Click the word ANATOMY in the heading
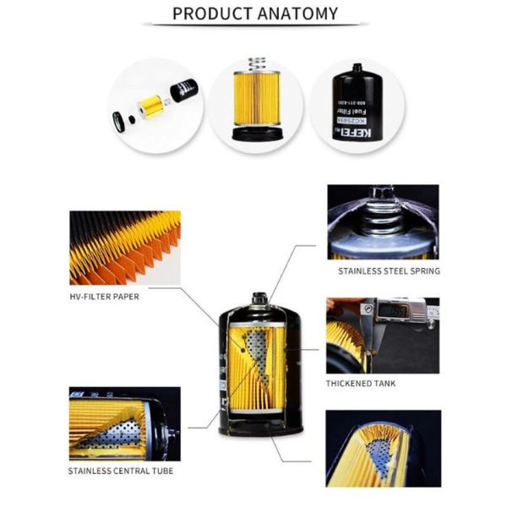click(299, 14)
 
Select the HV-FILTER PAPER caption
click(104, 297)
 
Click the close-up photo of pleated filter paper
click(124, 247)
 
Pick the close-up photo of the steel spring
click(383, 221)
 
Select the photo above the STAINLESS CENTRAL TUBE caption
click(124, 423)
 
